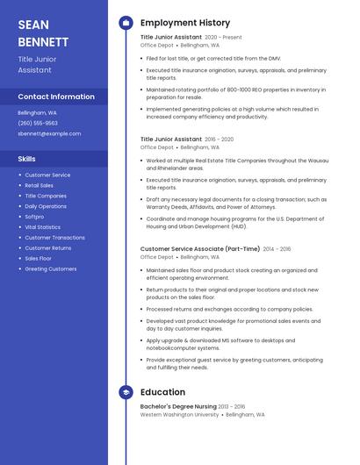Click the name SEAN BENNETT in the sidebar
(x=43, y=32)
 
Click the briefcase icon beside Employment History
(x=126, y=23)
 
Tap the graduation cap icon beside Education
(x=126, y=392)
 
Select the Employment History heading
(x=184, y=23)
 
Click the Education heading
(x=162, y=392)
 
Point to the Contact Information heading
(x=56, y=97)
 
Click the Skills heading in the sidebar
(x=26, y=159)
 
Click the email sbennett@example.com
(x=49, y=134)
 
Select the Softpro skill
(x=34, y=217)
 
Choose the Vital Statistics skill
(x=43, y=227)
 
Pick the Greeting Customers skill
(x=50, y=269)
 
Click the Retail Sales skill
(x=39, y=185)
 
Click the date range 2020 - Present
(x=223, y=38)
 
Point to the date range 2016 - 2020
(x=220, y=139)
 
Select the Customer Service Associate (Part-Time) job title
(x=199, y=249)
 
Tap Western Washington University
(x=179, y=415)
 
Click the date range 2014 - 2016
(x=277, y=249)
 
